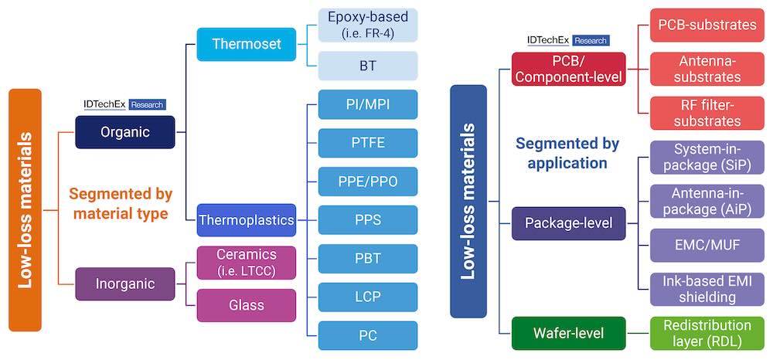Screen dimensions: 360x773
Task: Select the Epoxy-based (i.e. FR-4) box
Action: tap(368, 25)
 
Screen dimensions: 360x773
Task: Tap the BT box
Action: tap(368, 66)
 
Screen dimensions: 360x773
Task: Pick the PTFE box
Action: tap(368, 143)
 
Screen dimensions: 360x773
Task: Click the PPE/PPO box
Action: tap(368, 182)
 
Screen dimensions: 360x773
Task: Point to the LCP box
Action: tap(368, 297)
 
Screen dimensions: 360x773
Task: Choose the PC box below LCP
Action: tap(368, 335)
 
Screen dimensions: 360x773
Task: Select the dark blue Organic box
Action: tap(125, 132)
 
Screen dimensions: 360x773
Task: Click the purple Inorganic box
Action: tap(125, 284)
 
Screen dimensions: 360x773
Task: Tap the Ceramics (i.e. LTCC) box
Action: tap(247, 263)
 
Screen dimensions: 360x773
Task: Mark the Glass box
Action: tap(247, 305)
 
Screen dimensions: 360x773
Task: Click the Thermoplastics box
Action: tap(247, 220)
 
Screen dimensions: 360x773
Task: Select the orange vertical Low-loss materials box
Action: tap(25, 220)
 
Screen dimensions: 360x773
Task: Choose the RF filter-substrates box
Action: tap(707, 113)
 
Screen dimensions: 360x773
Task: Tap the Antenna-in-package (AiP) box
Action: tap(707, 201)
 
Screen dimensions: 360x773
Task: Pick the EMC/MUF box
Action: tap(707, 245)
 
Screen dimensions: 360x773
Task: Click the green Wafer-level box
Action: tap(568, 334)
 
